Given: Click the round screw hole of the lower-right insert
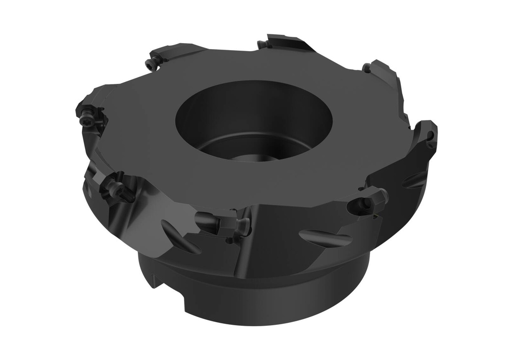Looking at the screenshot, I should [x=361, y=204].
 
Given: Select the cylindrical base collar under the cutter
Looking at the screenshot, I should [x=278, y=298].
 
